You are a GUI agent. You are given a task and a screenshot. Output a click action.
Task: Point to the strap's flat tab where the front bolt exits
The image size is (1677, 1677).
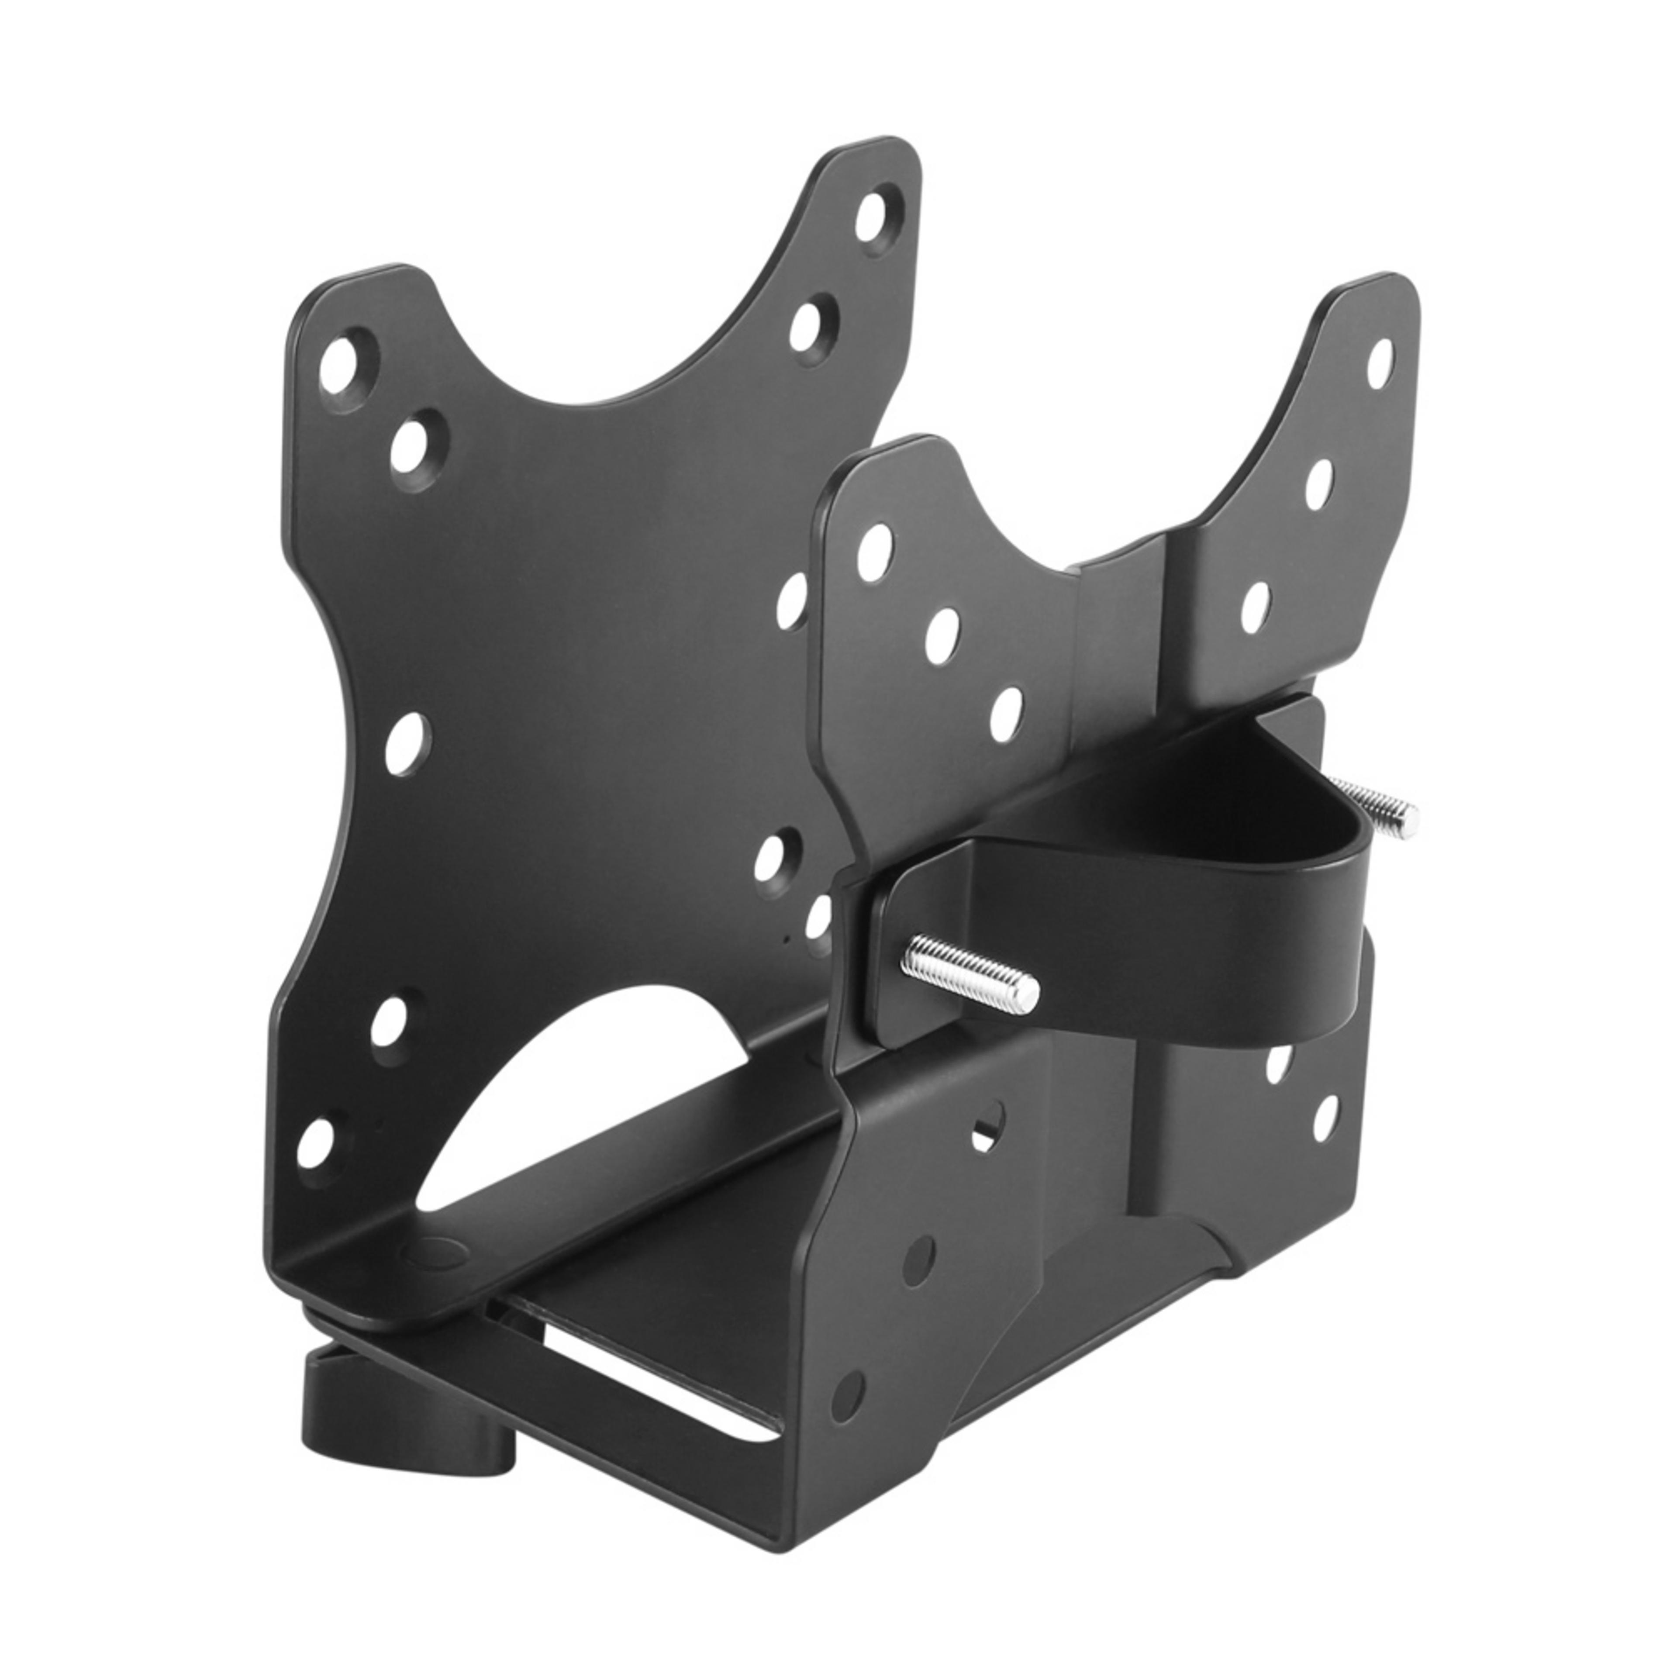pyautogui.click(x=903, y=963)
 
